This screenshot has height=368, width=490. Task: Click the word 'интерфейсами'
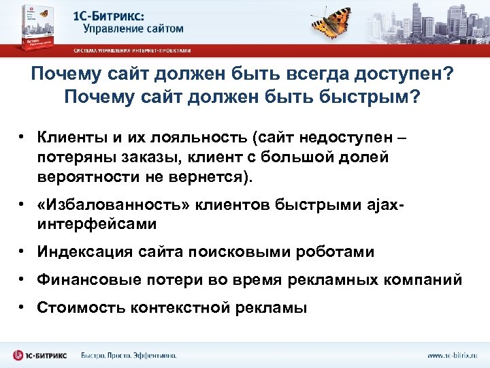(x=97, y=224)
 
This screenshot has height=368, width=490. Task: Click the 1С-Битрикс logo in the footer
(x=42, y=355)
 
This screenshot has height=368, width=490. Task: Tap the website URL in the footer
(x=452, y=356)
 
